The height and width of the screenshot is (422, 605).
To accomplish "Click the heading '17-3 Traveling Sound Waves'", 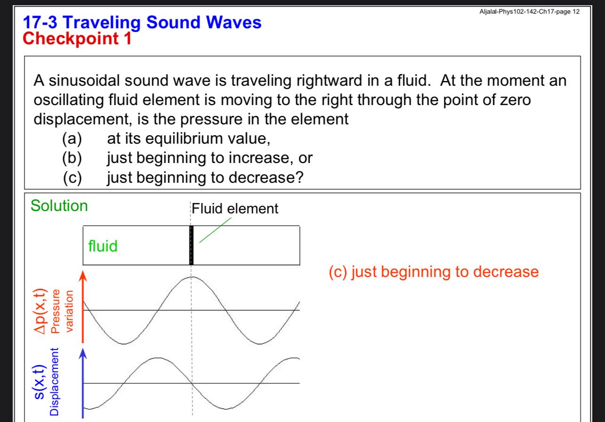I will pyautogui.click(x=142, y=23).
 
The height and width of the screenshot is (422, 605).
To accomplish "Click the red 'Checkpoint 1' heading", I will pyautogui.click(x=77, y=38).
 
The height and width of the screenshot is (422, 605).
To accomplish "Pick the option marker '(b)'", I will pyautogui.click(x=72, y=158).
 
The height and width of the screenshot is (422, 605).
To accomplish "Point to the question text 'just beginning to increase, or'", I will pyautogui.click(x=209, y=158).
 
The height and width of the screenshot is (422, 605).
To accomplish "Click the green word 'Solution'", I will pyautogui.click(x=59, y=206).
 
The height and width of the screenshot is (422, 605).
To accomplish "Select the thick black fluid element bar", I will pyautogui.click(x=191, y=245).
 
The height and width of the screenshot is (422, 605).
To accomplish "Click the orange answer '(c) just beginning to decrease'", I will pyautogui.click(x=433, y=272).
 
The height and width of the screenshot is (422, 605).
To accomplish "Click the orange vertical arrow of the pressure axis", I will pyautogui.click(x=83, y=306).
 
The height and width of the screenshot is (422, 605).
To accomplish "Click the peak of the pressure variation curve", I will pyautogui.click(x=191, y=277).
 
